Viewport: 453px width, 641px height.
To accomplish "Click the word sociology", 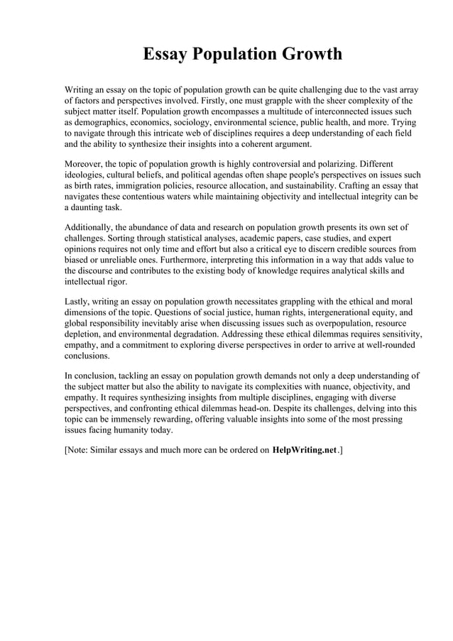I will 204,122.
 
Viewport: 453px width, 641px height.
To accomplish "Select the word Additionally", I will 91,227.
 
